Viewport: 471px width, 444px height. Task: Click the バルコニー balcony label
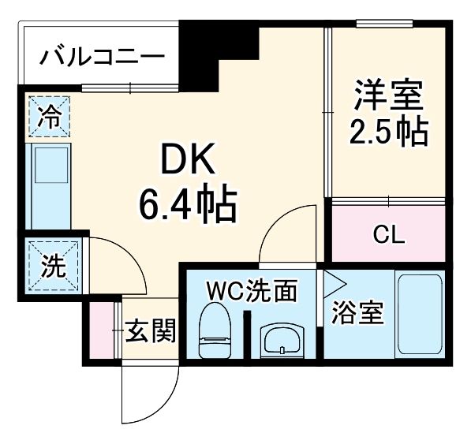click(103, 57)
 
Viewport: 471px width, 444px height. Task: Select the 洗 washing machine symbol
click(52, 266)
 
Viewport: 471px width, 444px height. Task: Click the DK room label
click(186, 162)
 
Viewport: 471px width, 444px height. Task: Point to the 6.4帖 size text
click(186, 204)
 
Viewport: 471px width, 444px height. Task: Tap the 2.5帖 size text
click(389, 132)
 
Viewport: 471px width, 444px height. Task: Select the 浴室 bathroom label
click(357, 313)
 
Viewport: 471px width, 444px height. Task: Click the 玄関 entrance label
click(150, 333)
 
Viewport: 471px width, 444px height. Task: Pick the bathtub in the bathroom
click(418, 315)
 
